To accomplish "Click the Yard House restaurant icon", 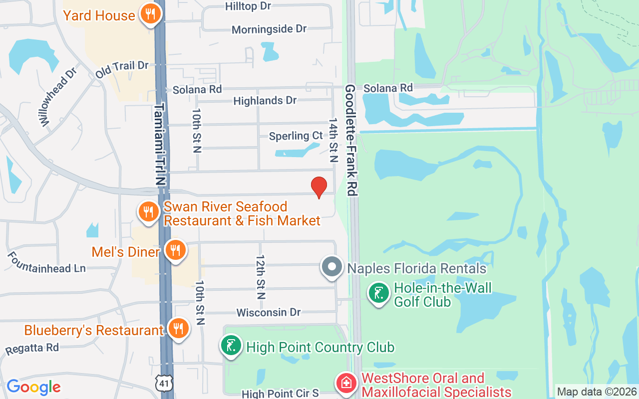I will [149, 15].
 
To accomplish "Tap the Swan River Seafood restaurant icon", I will [148, 211].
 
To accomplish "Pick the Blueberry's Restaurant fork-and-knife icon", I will [177, 329].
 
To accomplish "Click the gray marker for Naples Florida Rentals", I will [332, 267].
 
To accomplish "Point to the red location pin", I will [319, 188].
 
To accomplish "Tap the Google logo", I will [33, 387].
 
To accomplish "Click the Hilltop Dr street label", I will [248, 6].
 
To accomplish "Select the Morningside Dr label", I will [269, 29].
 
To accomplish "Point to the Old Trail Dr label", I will [122, 69].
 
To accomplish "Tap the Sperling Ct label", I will [296, 136].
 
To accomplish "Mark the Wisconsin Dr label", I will [269, 312].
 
